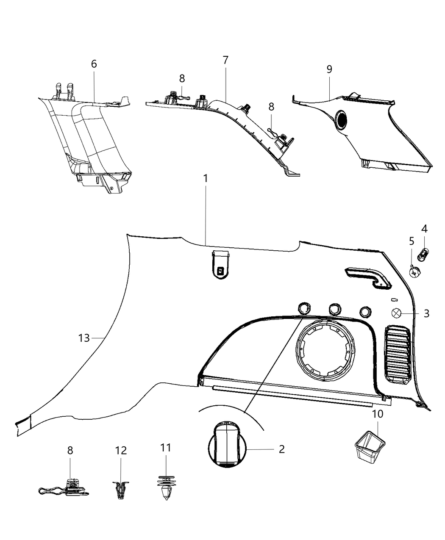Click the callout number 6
94,64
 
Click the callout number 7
225,60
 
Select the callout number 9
329,69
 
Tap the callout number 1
206,178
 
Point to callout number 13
84,338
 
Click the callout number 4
424,229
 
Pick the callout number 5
412,241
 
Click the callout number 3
426,313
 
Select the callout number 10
378,414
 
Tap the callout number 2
282,449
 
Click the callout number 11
166,448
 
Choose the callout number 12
121,450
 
